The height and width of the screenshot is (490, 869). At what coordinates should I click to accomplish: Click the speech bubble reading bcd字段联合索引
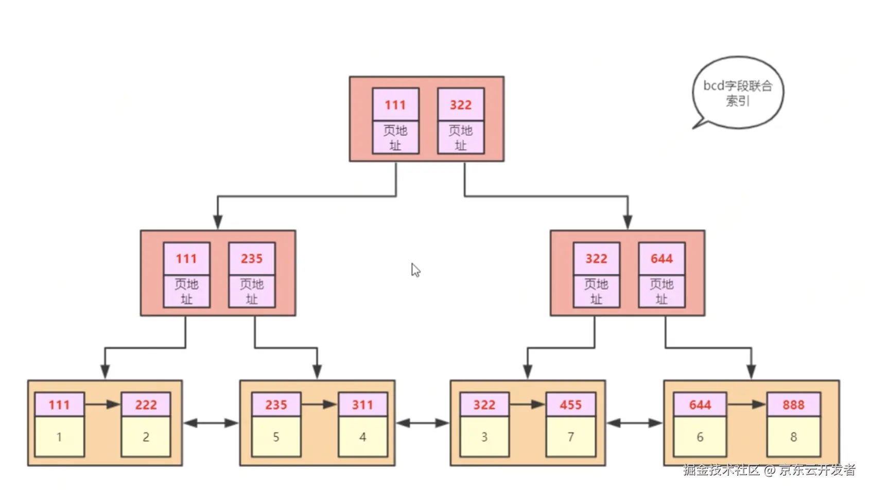coord(738,93)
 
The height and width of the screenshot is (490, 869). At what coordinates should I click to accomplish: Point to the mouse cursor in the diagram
coord(415,270)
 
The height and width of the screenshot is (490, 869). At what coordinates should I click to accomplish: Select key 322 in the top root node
coord(461,105)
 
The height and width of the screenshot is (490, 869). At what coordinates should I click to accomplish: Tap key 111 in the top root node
coord(395,105)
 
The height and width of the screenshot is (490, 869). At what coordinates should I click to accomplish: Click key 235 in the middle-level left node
coord(252,258)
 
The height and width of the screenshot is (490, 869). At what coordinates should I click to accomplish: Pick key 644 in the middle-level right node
coord(662,258)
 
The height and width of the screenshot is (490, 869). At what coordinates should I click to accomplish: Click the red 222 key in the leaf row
coord(146,405)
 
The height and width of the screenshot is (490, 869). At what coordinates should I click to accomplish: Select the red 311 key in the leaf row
coord(362,405)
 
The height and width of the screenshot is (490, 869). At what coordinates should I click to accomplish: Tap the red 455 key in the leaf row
coord(570,405)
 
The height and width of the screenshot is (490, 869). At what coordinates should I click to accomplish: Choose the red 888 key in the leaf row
coord(793,405)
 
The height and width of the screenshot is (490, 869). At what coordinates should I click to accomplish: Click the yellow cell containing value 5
coord(276,436)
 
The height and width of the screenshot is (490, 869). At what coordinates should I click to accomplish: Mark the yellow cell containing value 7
coord(570,436)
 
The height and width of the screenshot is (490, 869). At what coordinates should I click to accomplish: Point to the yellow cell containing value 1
coord(59,436)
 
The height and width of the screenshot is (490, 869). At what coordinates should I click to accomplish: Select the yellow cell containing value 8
coord(793,436)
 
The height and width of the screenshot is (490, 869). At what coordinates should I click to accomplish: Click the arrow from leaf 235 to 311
coord(319,404)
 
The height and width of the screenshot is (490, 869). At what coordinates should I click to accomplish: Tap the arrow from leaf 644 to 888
coord(746,404)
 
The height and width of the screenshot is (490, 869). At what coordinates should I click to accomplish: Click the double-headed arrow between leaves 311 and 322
coord(423,423)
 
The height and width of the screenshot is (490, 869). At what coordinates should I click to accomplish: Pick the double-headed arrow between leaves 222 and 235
coord(211,423)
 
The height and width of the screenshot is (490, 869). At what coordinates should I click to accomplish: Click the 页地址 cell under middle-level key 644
coord(662,291)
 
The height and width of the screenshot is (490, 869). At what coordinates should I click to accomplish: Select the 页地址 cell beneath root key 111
coord(395,137)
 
